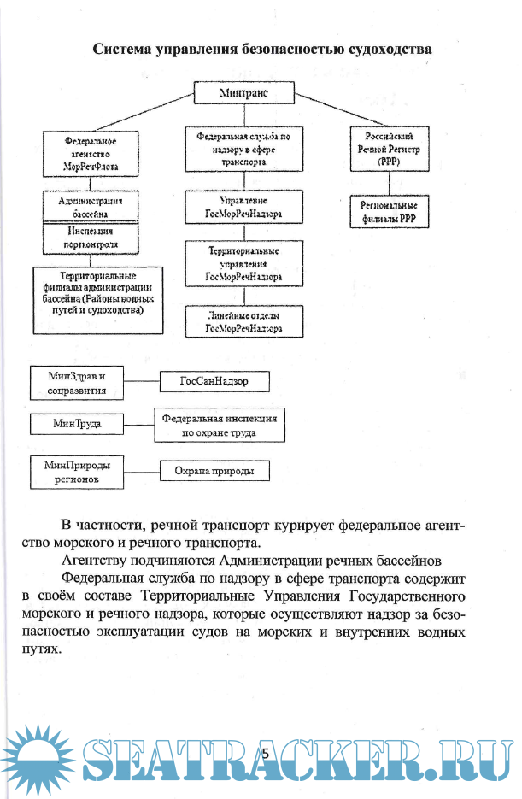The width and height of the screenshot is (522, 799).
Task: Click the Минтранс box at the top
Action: [x=244, y=92]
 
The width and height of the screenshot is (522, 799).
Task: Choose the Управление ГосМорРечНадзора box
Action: [x=244, y=206]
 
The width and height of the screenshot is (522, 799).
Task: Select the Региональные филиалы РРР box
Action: [x=389, y=211]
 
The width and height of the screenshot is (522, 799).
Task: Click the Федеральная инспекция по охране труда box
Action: [x=220, y=426]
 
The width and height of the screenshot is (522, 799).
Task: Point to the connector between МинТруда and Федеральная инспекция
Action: [x=138, y=423]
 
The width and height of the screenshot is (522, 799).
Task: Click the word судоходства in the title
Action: [x=390, y=49]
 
